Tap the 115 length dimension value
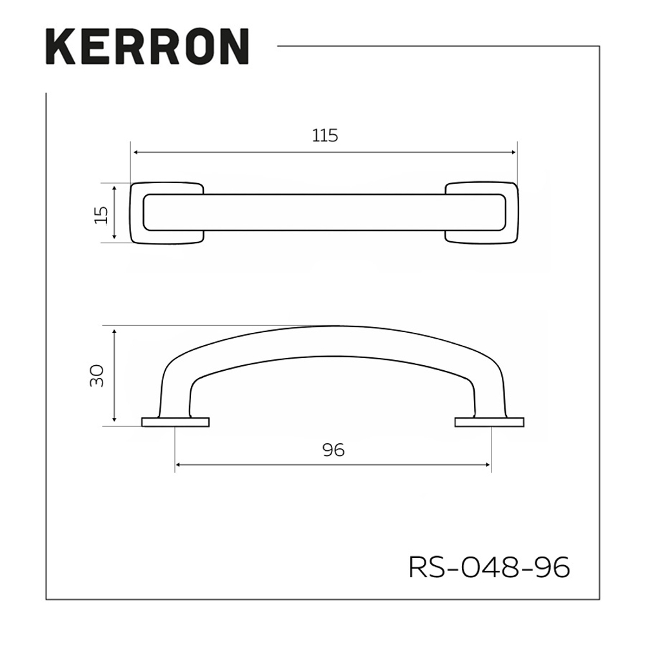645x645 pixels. [x=325, y=135]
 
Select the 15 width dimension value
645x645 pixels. [x=101, y=213]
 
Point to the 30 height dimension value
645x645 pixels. [x=97, y=375]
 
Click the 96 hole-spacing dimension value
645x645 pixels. [x=333, y=450]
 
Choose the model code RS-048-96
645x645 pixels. [x=490, y=568]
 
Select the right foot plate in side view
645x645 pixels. [x=490, y=422]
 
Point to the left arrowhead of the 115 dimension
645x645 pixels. [x=134, y=152]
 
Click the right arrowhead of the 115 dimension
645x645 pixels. [x=514, y=152]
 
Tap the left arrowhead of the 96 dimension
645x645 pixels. [x=179, y=464]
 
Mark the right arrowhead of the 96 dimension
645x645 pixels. [x=488, y=464]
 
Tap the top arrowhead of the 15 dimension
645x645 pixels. [x=114, y=188]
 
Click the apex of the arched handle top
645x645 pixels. [x=333, y=327]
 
